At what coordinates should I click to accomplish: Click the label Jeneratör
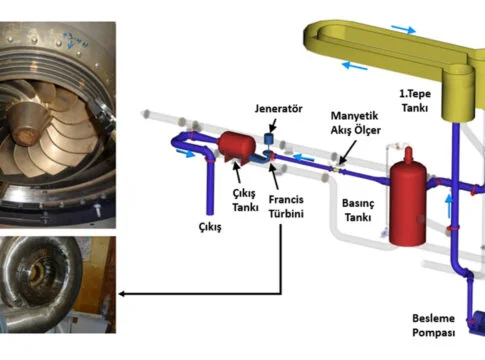(x=278, y=109)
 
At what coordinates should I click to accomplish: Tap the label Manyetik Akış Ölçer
(x=355, y=123)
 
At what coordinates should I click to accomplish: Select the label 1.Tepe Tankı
(x=415, y=101)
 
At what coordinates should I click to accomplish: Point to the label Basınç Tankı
(x=358, y=210)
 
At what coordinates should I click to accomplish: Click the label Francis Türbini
(x=286, y=207)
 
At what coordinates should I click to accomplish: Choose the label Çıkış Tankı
(x=245, y=200)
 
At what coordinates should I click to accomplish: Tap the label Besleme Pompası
(x=433, y=325)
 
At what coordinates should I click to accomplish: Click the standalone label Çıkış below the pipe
(x=210, y=227)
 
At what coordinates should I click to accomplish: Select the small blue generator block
(x=269, y=138)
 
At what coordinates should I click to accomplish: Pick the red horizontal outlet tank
(x=236, y=147)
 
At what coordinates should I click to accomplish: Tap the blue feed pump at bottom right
(x=477, y=323)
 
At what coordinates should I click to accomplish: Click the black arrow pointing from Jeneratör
(x=273, y=126)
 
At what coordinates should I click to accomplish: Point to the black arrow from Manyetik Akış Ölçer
(x=347, y=152)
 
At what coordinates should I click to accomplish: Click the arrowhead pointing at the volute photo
(x=122, y=294)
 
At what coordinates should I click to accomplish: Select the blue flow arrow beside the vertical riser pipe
(x=449, y=206)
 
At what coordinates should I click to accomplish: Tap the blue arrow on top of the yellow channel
(x=404, y=29)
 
